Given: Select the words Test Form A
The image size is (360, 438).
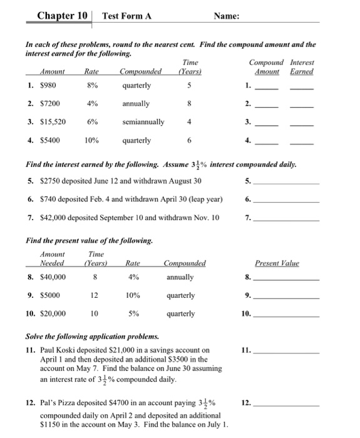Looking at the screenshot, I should tap(127, 15).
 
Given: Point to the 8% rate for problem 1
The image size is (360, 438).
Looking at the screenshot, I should tap(92, 85).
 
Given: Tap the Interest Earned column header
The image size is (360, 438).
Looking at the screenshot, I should tap(302, 67).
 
